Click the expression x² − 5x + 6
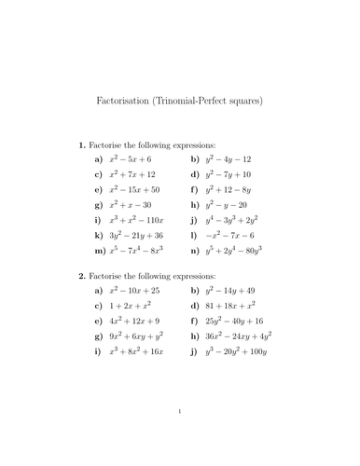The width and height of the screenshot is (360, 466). pos(135,159)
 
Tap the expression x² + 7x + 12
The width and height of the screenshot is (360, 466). pos(137,174)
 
